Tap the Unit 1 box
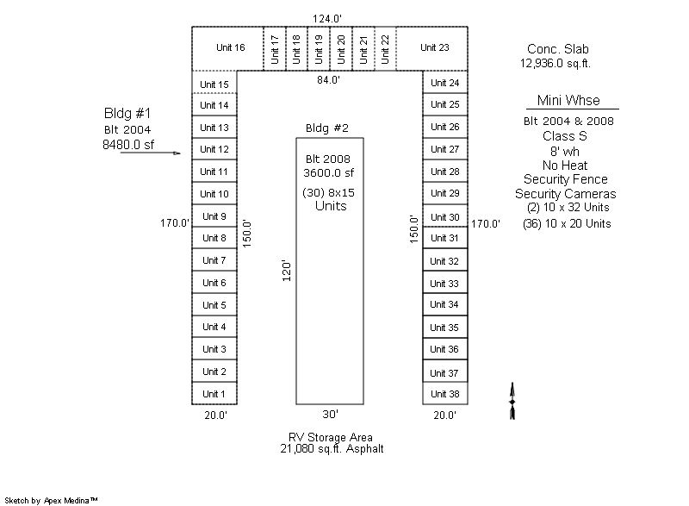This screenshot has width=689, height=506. coord(214,393)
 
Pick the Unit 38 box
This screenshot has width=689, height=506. coord(445,393)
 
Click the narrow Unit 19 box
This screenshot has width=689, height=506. coord(319,48)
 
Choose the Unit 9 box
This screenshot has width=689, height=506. coord(214,216)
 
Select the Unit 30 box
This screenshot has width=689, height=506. coord(445,216)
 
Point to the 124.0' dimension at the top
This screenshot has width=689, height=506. coord(327,19)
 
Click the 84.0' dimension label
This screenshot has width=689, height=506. coord(329,80)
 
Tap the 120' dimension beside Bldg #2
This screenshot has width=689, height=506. coord(287,271)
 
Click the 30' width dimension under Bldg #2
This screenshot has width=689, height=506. coord(331,414)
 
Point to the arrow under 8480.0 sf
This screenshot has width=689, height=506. coord(150,153)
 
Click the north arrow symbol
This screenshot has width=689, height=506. coord(512,401)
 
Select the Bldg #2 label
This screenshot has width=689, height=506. coord(327,128)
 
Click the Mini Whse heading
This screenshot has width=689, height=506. coord(568,100)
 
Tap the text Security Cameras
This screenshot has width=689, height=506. coord(566,194)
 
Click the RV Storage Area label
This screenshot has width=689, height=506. coord(331,437)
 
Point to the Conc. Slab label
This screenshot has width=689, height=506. coord(558,49)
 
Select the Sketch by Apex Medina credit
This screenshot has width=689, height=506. coord(51,500)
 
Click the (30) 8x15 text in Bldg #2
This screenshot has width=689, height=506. coord(329,192)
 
